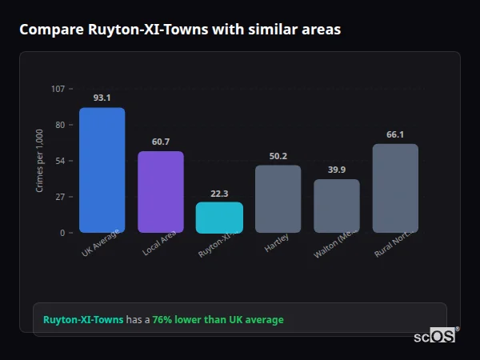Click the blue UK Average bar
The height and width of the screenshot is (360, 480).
102,170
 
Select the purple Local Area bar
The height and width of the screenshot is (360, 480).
161,192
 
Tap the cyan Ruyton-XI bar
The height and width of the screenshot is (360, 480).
219,217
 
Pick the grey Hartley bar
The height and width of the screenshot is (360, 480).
278,198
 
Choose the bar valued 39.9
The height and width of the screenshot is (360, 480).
337,206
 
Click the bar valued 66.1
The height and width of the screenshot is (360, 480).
395,188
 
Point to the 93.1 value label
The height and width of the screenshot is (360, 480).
102,98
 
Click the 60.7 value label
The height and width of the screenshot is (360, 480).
161,142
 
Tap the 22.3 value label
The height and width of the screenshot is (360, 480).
219,193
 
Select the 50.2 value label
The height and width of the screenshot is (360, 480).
278,156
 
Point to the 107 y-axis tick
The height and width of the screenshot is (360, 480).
58,89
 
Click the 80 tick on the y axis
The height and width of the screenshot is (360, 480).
59,125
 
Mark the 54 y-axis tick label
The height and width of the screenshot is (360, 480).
59,161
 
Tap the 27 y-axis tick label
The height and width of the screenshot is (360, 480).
59,197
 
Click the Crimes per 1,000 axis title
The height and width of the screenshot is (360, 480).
40,161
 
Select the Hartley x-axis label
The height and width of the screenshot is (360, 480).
277,242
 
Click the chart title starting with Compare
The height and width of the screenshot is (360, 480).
180,30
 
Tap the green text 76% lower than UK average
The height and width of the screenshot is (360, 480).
218,320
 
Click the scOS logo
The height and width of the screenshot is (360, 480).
434,336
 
